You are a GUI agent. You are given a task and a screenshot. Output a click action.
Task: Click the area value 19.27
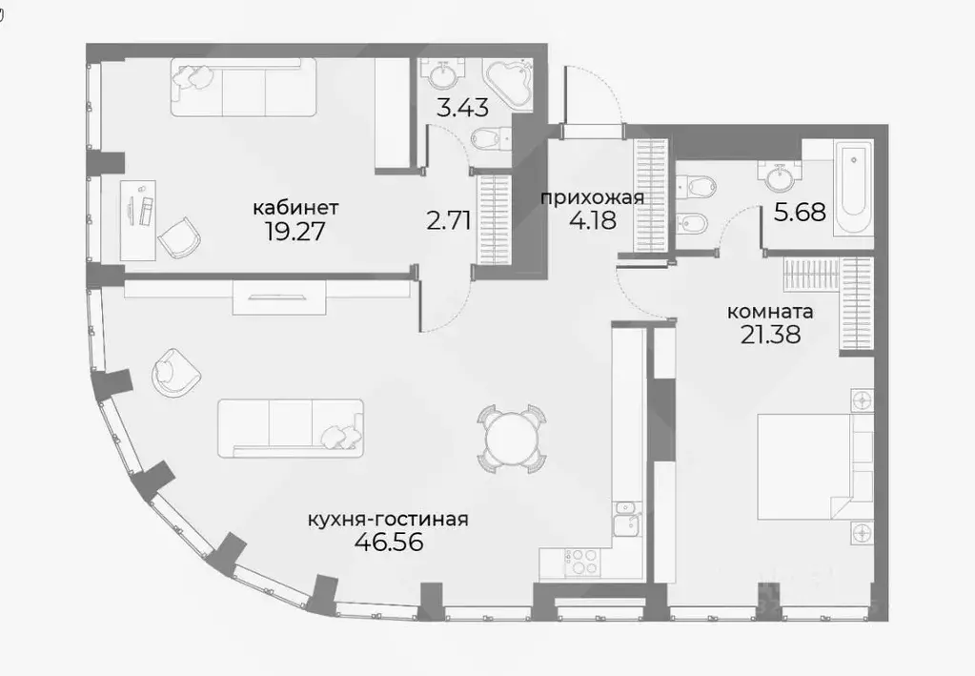295,231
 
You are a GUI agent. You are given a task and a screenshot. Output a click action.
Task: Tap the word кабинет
295,207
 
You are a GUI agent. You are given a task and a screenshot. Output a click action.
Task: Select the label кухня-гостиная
388,520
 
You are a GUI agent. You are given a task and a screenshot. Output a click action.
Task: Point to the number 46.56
388,543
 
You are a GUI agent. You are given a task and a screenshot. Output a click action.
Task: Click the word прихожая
592,198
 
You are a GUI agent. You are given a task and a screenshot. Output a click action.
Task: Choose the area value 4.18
592,220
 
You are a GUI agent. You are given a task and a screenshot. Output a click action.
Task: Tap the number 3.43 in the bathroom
462,108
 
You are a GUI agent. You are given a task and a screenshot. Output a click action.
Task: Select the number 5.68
799,213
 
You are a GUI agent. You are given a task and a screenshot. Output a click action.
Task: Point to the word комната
770,311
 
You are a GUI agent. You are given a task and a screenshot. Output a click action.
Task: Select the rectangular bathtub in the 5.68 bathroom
852,188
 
